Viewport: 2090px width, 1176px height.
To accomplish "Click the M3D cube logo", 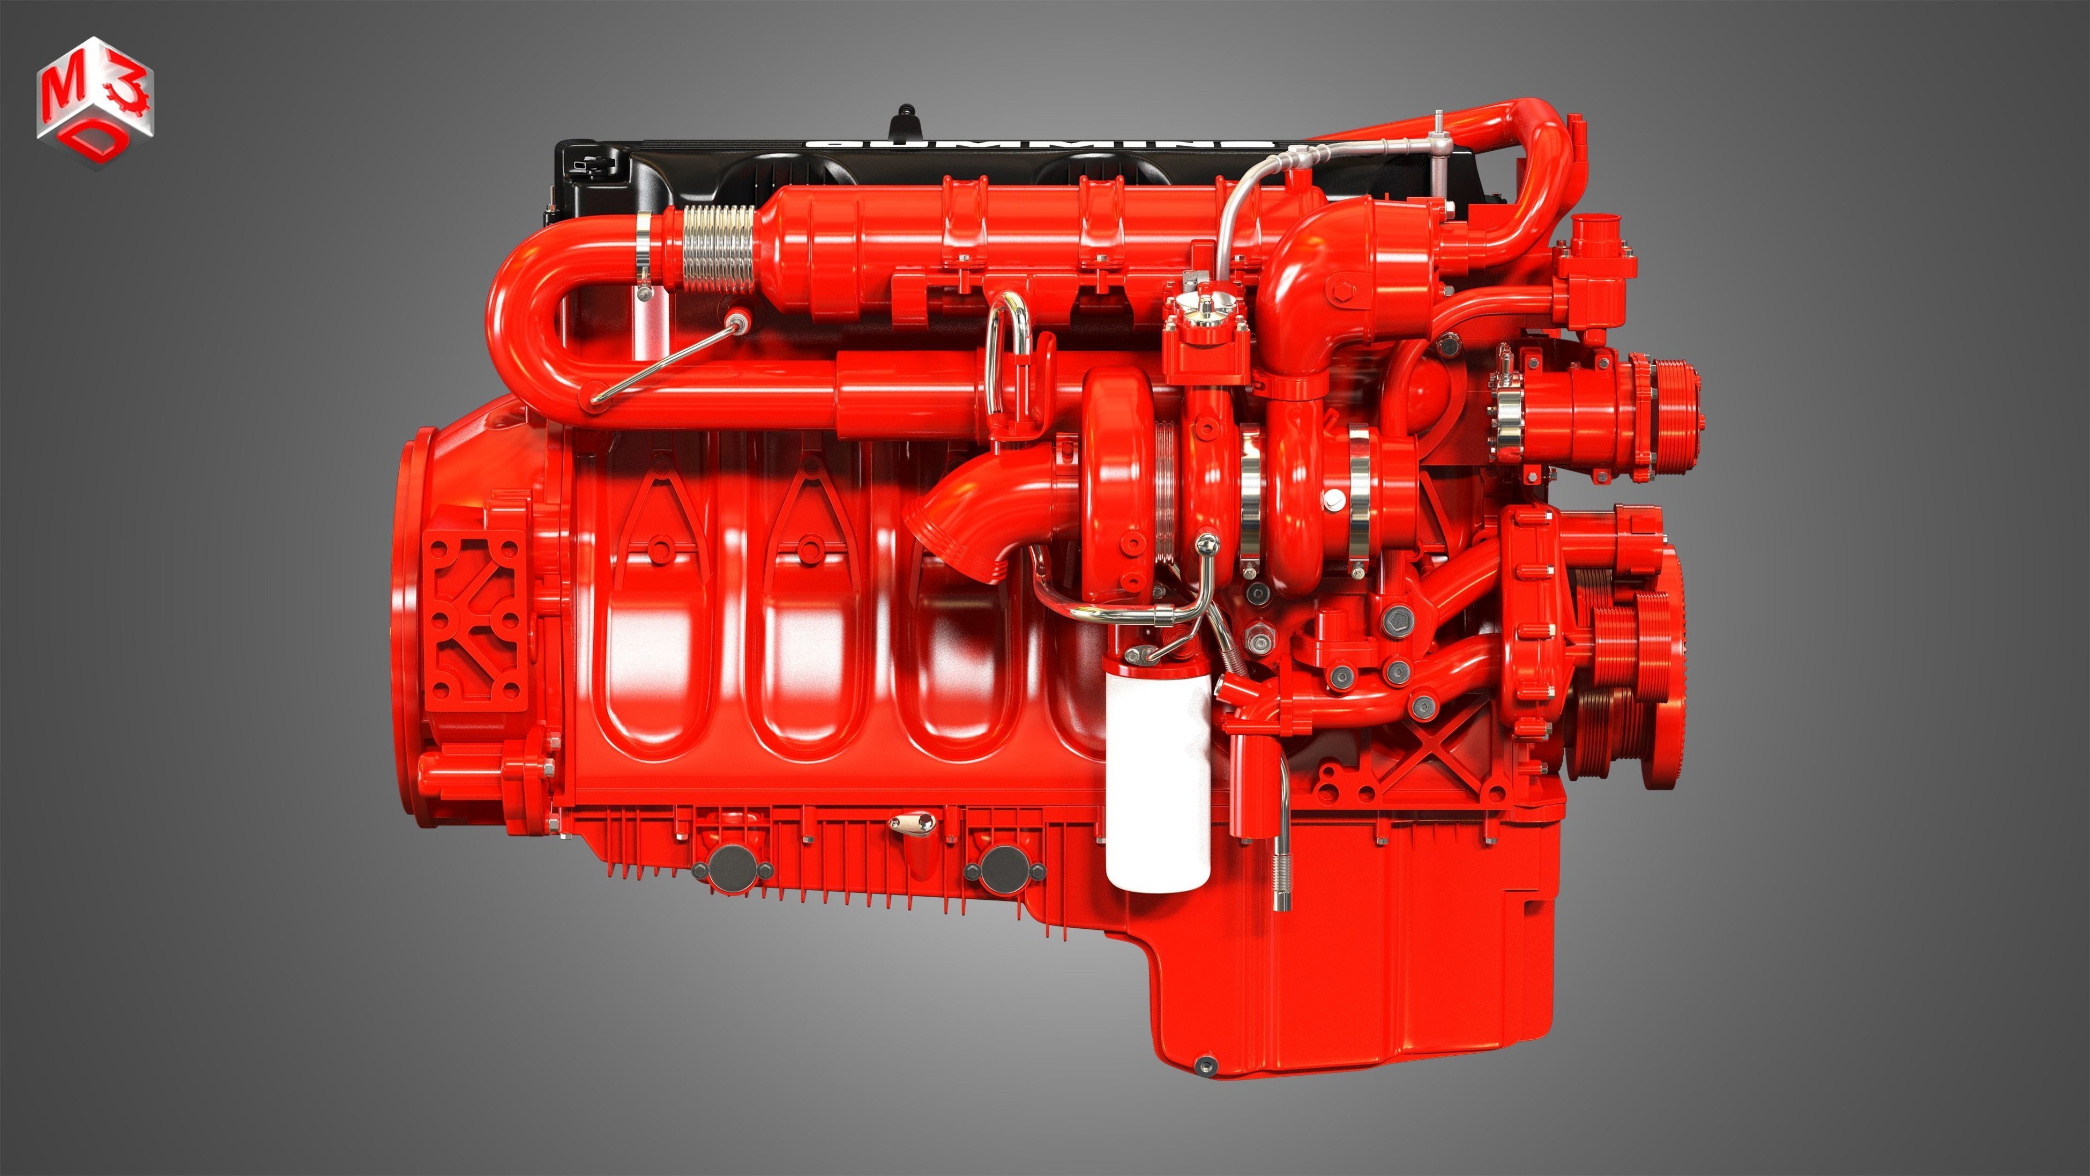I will pos(95,101).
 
